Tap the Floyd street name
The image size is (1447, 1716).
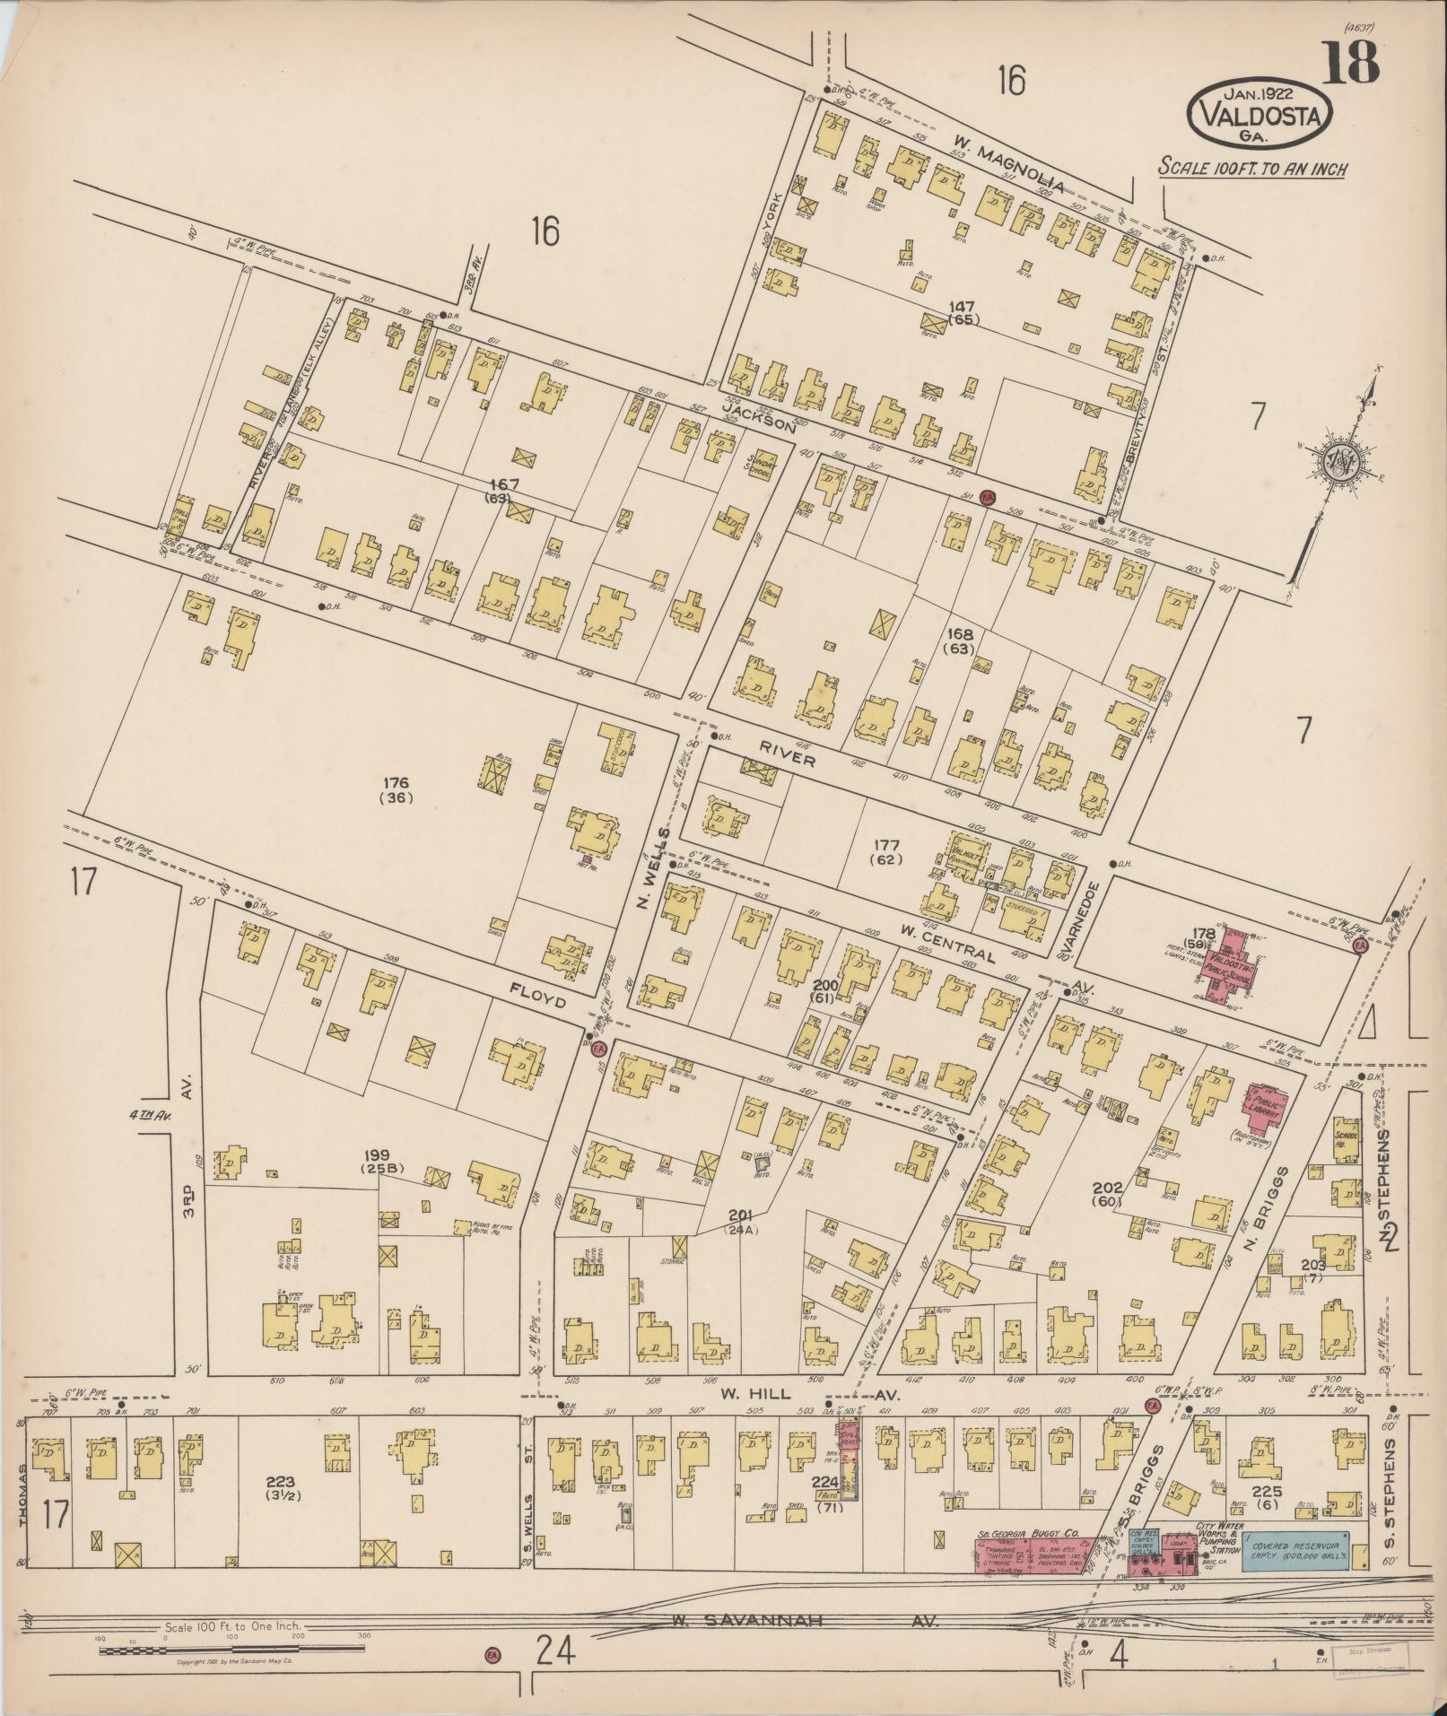[538, 996]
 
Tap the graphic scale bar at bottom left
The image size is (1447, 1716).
[233, 1648]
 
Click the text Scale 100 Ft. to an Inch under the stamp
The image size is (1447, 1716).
[1252, 168]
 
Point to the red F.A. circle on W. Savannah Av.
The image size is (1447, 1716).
[492, 1653]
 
